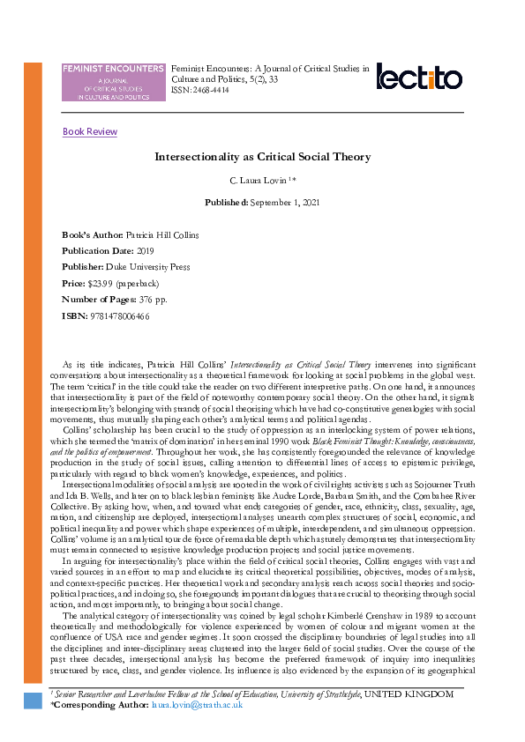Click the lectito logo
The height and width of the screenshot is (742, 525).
click(419, 77)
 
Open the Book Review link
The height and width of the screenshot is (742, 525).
click(90, 132)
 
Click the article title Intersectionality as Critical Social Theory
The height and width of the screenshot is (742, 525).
click(262, 157)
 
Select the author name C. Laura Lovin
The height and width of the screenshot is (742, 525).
click(259, 181)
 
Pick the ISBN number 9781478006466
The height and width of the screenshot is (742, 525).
click(117, 315)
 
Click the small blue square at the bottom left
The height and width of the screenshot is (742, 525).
click(33, 701)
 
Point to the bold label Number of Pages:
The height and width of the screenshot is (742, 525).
click(99, 299)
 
